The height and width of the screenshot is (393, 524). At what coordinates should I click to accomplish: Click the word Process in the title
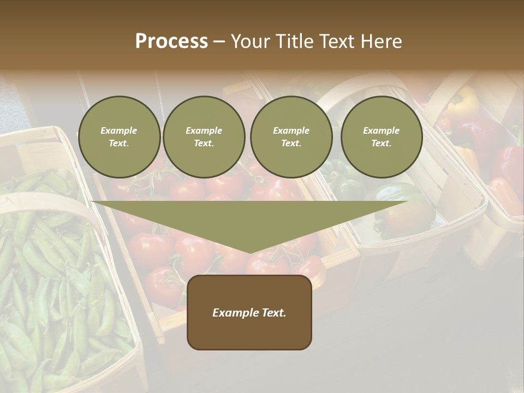click(x=171, y=41)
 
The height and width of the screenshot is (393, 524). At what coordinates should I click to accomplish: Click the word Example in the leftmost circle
click(x=119, y=130)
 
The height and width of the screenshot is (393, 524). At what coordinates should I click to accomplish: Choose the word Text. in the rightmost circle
click(x=382, y=144)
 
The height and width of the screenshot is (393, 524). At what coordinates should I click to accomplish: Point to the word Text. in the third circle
click(x=291, y=144)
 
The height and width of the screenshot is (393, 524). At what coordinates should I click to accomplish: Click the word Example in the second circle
click(x=204, y=130)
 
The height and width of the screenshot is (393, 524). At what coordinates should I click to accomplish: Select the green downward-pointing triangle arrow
click(x=249, y=221)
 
